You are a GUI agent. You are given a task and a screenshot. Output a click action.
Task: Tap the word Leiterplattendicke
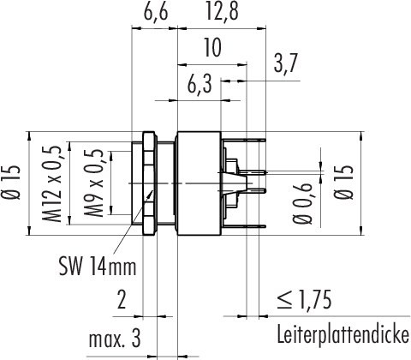(x=342, y=333)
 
